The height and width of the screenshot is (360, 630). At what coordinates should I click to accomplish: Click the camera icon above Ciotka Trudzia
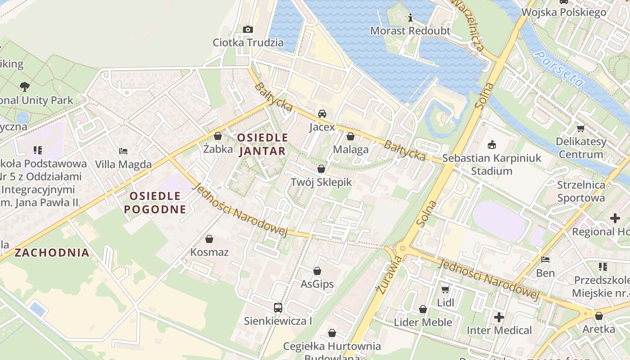click(247, 30)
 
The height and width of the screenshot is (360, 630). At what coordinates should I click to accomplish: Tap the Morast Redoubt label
click(410, 31)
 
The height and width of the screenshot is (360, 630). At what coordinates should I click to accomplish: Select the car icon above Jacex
click(322, 114)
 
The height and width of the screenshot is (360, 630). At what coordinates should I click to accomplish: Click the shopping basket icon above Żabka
click(218, 136)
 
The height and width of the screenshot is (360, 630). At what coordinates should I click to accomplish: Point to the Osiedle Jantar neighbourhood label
click(262, 144)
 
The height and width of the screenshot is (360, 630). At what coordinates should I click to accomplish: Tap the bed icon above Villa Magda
click(123, 151)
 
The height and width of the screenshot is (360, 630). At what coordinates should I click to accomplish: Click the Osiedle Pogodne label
click(155, 202)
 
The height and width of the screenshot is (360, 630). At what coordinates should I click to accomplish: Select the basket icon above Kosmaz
click(209, 239)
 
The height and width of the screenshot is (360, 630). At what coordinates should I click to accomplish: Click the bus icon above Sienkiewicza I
click(278, 308)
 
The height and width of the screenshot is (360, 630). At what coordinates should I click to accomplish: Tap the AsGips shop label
click(317, 284)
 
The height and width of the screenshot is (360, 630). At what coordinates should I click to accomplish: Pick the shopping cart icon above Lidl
click(445, 289)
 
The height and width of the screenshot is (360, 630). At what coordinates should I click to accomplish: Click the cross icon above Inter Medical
click(499, 317)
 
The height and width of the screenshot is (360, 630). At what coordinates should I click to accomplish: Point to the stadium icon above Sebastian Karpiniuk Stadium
click(491, 145)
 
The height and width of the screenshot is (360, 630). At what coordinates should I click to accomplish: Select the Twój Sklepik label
click(321, 182)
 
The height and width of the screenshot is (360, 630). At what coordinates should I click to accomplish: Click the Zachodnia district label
click(52, 252)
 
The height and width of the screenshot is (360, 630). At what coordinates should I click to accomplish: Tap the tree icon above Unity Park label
click(25, 86)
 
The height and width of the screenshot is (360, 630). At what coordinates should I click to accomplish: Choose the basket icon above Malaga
click(351, 136)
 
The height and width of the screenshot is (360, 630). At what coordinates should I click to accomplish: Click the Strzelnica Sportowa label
click(581, 191)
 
